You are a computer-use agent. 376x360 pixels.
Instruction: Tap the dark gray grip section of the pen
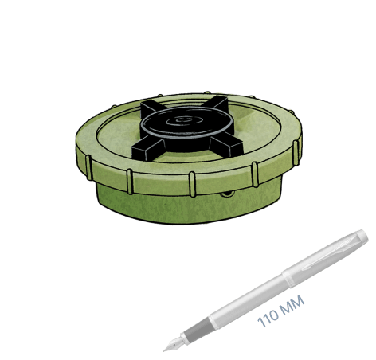click(196, 330)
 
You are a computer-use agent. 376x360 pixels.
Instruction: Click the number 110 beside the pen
click(268, 317)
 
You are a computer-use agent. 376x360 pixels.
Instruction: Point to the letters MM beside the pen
click(292, 304)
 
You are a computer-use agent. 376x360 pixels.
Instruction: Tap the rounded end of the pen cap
click(362, 237)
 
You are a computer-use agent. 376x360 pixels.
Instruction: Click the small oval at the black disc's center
click(182, 120)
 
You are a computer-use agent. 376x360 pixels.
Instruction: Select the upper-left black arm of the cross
click(152, 108)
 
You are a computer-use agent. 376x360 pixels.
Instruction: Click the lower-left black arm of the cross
click(148, 148)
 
